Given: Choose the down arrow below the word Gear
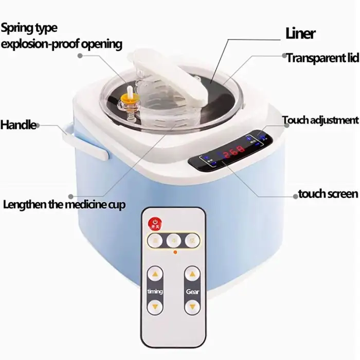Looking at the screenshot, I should pos(192,307).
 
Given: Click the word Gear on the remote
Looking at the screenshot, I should pos(192,291).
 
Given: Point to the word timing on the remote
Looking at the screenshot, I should pos(155,291).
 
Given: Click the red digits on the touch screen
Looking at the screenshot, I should pos(233,154).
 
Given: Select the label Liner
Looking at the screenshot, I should pos(300,34).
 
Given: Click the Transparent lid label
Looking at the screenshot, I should pos(322,58).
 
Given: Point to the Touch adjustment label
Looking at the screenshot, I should pos(320,120).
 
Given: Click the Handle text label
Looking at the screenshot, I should pos(18,124).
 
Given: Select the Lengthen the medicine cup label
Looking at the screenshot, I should pos(64,205).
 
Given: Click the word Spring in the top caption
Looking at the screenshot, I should pos(16,27).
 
